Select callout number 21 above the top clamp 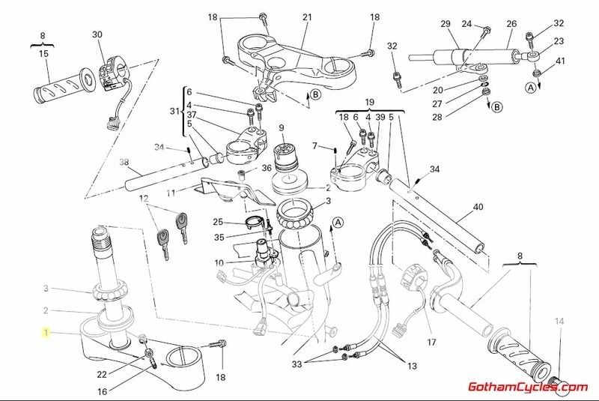306,16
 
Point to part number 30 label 97,34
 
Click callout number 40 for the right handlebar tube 478,208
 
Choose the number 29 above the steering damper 445,25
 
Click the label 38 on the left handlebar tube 124,162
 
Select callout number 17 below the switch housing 431,343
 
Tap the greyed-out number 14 557,322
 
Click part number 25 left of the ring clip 218,222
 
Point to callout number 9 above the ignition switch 282,128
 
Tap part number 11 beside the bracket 171,193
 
